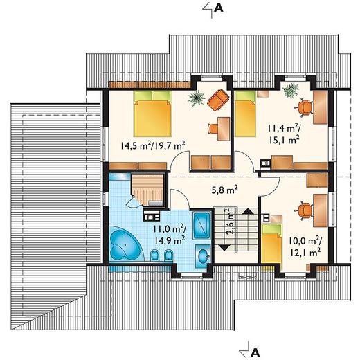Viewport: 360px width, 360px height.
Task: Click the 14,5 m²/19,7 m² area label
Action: click(x=153, y=145)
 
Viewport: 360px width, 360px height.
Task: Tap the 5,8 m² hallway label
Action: click(x=224, y=190)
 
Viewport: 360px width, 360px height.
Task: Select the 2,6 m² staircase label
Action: click(x=230, y=222)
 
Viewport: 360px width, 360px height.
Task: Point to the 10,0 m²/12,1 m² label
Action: click(x=305, y=247)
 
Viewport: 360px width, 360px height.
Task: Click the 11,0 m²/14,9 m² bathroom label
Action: click(x=170, y=235)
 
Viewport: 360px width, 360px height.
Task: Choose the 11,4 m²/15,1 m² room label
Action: click(x=284, y=134)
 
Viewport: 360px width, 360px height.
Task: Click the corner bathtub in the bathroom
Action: click(x=126, y=244)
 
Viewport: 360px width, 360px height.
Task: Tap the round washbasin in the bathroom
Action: click(x=204, y=256)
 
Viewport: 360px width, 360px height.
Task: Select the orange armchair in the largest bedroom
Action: click(x=218, y=100)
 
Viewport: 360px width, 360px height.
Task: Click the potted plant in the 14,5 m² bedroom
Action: click(x=197, y=98)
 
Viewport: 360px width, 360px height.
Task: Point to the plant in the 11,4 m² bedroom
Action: click(x=291, y=91)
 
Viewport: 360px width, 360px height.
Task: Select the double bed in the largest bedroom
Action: click(x=153, y=114)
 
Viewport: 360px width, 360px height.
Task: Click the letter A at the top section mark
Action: click(x=219, y=8)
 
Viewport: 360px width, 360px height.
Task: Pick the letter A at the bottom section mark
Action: click(x=255, y=352)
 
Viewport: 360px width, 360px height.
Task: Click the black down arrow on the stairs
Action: click(x=224, y=248)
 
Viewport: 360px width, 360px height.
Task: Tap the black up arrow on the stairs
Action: click(x=248, y=211)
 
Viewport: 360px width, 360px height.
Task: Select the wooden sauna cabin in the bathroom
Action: click(x=148, y=190)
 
